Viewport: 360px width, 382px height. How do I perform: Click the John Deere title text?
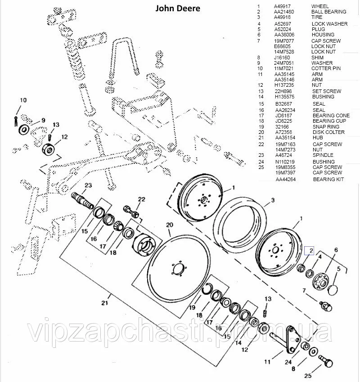click(x=178, y=9)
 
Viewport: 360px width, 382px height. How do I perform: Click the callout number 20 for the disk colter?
click(x=169, y=225)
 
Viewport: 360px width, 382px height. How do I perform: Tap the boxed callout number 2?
click(x=310, y=251)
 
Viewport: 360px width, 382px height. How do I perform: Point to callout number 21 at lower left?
click(x=104, y=303)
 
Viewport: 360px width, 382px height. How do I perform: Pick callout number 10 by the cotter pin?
click(x=23, y=100)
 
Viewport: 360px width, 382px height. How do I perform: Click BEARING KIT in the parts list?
click(x=328, y=179)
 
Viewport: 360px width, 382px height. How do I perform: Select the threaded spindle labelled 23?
click(x=81, y=199)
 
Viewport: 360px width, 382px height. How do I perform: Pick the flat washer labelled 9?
click(x=24, y=130)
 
